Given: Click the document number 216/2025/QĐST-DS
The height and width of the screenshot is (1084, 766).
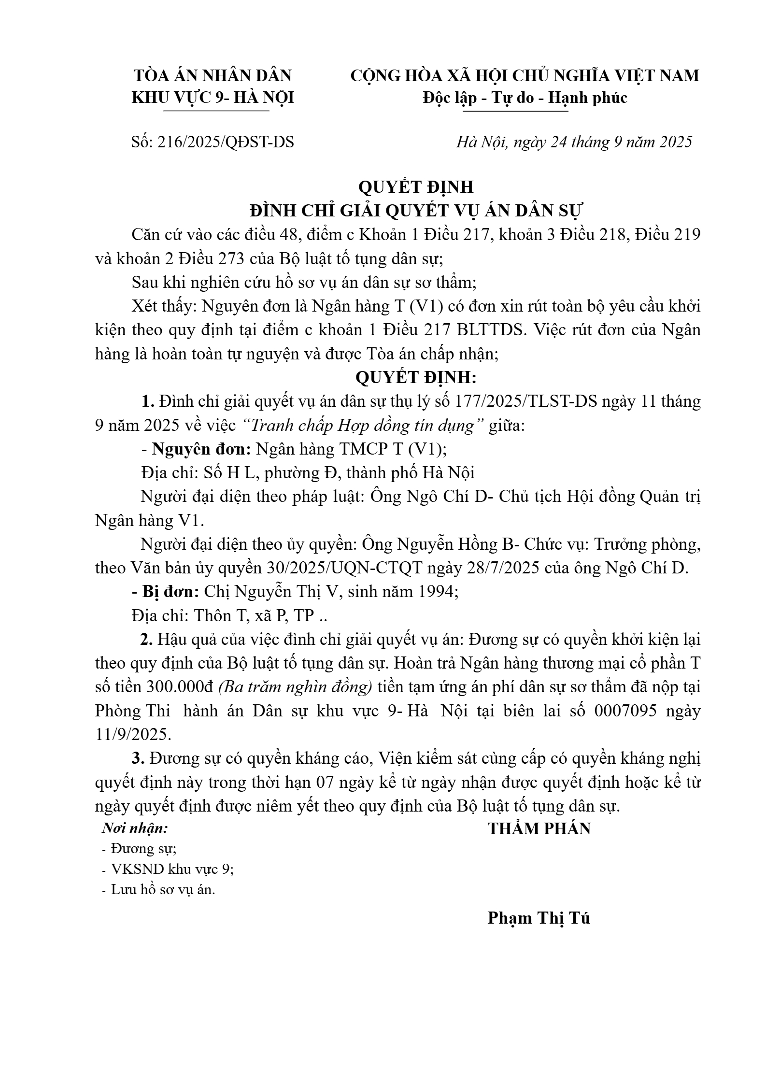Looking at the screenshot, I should (226, 142).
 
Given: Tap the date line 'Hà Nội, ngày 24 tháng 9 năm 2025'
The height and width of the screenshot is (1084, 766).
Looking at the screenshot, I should (574, 142).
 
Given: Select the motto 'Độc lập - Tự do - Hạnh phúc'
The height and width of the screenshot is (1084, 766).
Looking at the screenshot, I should (525, 98).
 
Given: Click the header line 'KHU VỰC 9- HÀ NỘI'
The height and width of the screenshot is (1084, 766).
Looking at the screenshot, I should (213, 98).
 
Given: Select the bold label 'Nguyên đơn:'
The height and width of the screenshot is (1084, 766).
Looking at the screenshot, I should (201, 449).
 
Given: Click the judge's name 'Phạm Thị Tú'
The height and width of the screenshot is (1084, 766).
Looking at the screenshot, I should (539, 918).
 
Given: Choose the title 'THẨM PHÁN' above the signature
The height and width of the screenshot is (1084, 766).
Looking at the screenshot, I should (539, 829).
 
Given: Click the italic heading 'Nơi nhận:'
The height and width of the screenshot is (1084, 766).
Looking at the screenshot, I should (135, 828).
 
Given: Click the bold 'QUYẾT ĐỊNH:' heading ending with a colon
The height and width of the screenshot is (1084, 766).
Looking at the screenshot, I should (416, 378).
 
